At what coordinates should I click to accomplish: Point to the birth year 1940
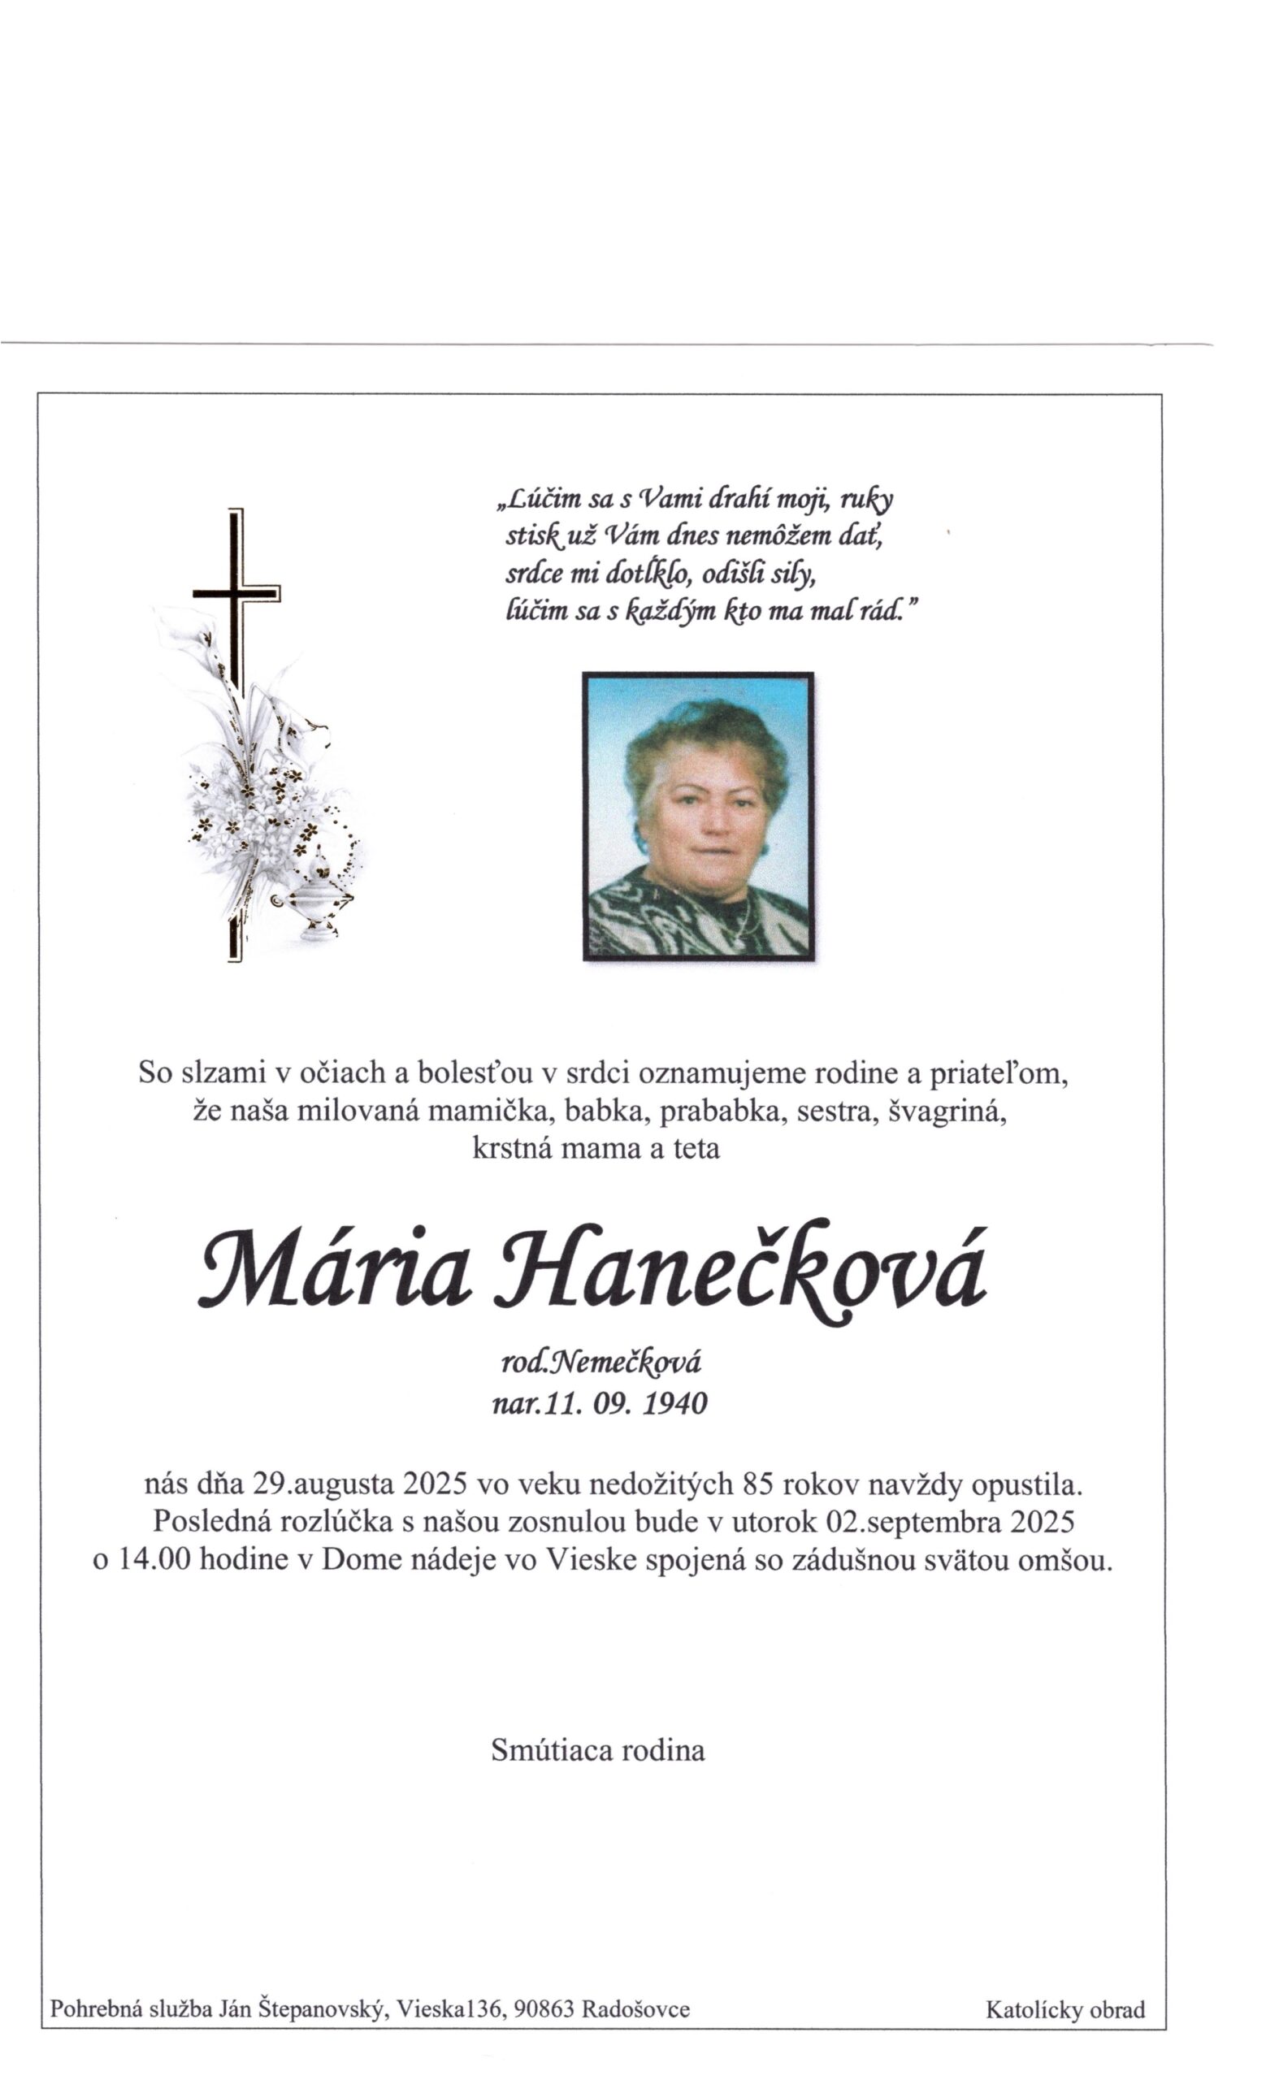click(674, 1404)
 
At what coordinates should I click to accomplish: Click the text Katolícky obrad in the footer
click(1065, 2009)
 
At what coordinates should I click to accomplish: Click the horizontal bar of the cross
click(236, 593)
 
